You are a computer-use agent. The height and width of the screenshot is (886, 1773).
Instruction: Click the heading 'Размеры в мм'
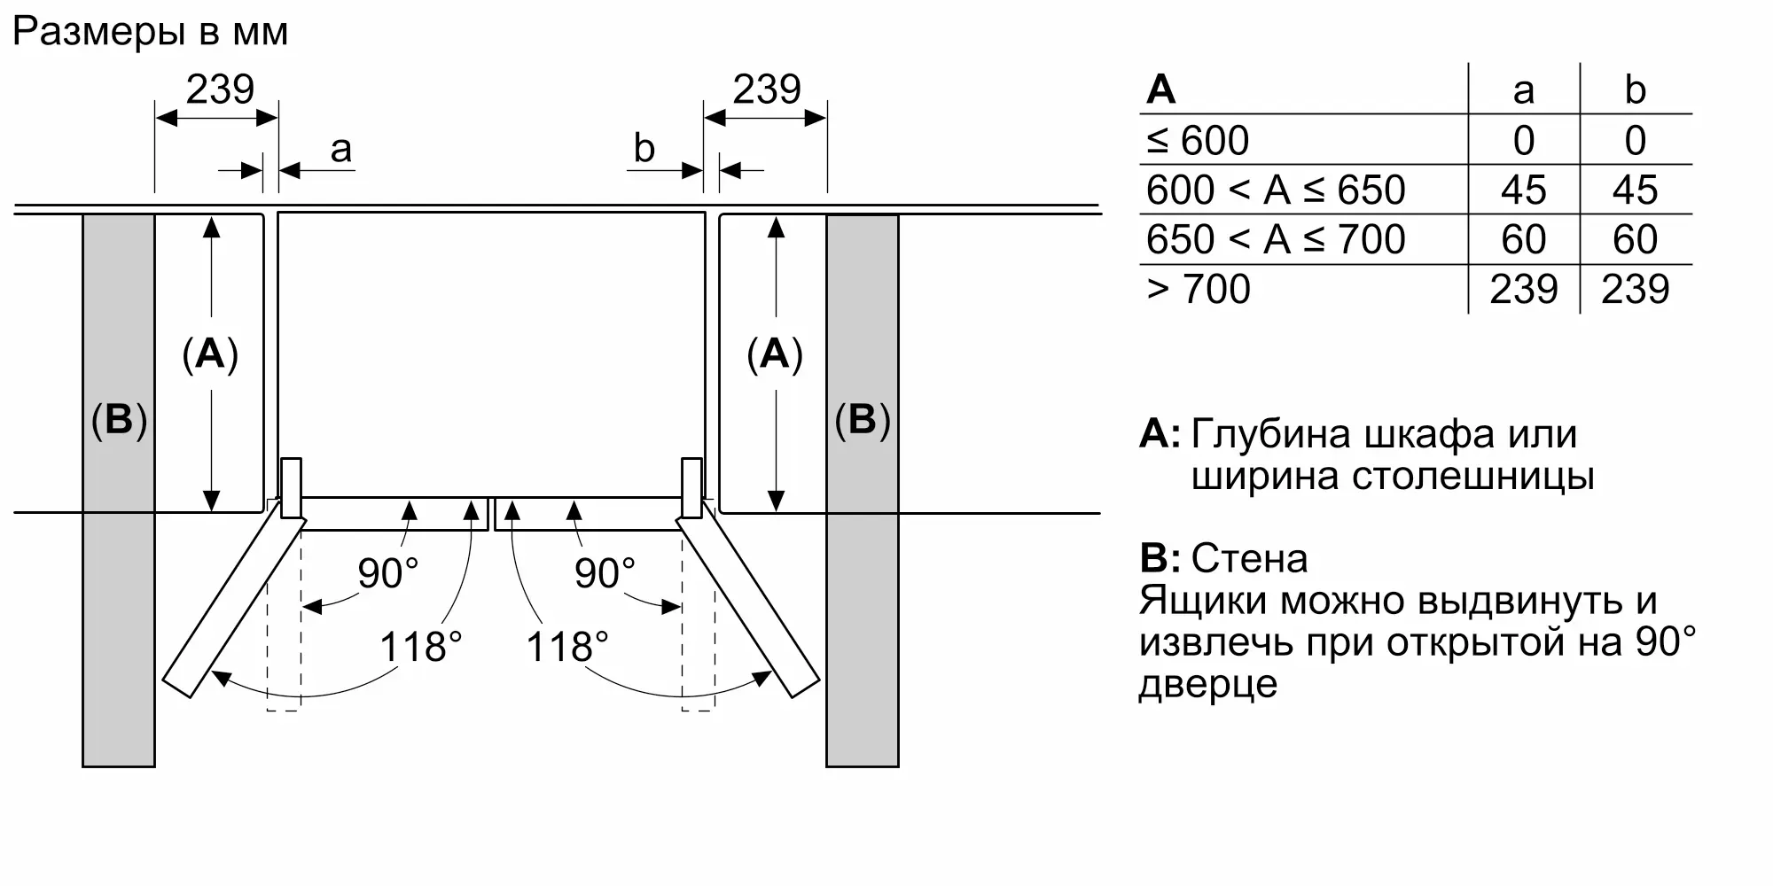(151, 33)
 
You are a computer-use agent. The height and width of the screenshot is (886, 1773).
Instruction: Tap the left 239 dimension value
(220, 89)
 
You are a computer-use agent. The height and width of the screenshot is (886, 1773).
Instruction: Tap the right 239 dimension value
(767, 89)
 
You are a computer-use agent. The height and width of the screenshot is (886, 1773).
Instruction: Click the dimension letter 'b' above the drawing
(644, 149)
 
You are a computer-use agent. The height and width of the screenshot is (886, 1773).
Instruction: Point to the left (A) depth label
(210, 354)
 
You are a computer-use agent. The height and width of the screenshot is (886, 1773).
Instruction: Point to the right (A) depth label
(775, 354)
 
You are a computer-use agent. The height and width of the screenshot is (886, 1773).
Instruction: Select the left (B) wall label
(119, 419)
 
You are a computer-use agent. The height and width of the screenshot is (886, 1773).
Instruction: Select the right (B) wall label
(862, 419)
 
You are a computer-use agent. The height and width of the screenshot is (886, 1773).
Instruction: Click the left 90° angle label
(387, 573)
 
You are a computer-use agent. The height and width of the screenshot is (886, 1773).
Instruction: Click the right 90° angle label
(605, 573)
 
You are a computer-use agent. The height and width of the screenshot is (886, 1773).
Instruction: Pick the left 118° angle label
(420, 647)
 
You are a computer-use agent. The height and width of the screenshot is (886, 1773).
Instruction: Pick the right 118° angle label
(567, 647)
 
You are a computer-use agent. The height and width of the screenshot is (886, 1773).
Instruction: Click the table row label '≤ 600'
(1198, 141)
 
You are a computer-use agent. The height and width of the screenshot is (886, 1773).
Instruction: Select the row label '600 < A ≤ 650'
(1276, 190)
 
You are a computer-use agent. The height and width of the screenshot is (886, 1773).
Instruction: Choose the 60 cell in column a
(1523, 240)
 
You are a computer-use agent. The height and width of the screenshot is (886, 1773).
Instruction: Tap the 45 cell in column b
(1635, 190)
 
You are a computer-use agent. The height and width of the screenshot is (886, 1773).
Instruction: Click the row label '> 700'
(1198, 290)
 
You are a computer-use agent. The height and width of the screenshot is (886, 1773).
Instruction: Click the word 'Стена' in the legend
(1249, 559)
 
